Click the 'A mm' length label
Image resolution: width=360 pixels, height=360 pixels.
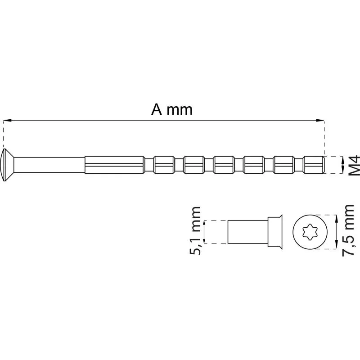(x=172, y=109)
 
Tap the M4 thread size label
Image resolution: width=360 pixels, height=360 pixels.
(x=354, y=165)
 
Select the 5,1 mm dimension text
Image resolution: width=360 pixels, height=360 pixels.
(x=195, y=230)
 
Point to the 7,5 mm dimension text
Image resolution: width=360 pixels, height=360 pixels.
(x=348, y=230)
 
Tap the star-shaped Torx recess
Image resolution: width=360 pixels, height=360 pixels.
(x=310, y=232)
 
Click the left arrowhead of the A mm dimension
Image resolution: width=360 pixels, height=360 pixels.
(x=7, y=120)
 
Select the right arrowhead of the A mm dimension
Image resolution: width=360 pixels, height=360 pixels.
(x=320, y=120)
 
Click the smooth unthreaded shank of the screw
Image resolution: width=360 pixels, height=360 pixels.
(x=49, y=165)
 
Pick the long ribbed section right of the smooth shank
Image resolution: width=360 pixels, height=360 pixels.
(x=115, y=165)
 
